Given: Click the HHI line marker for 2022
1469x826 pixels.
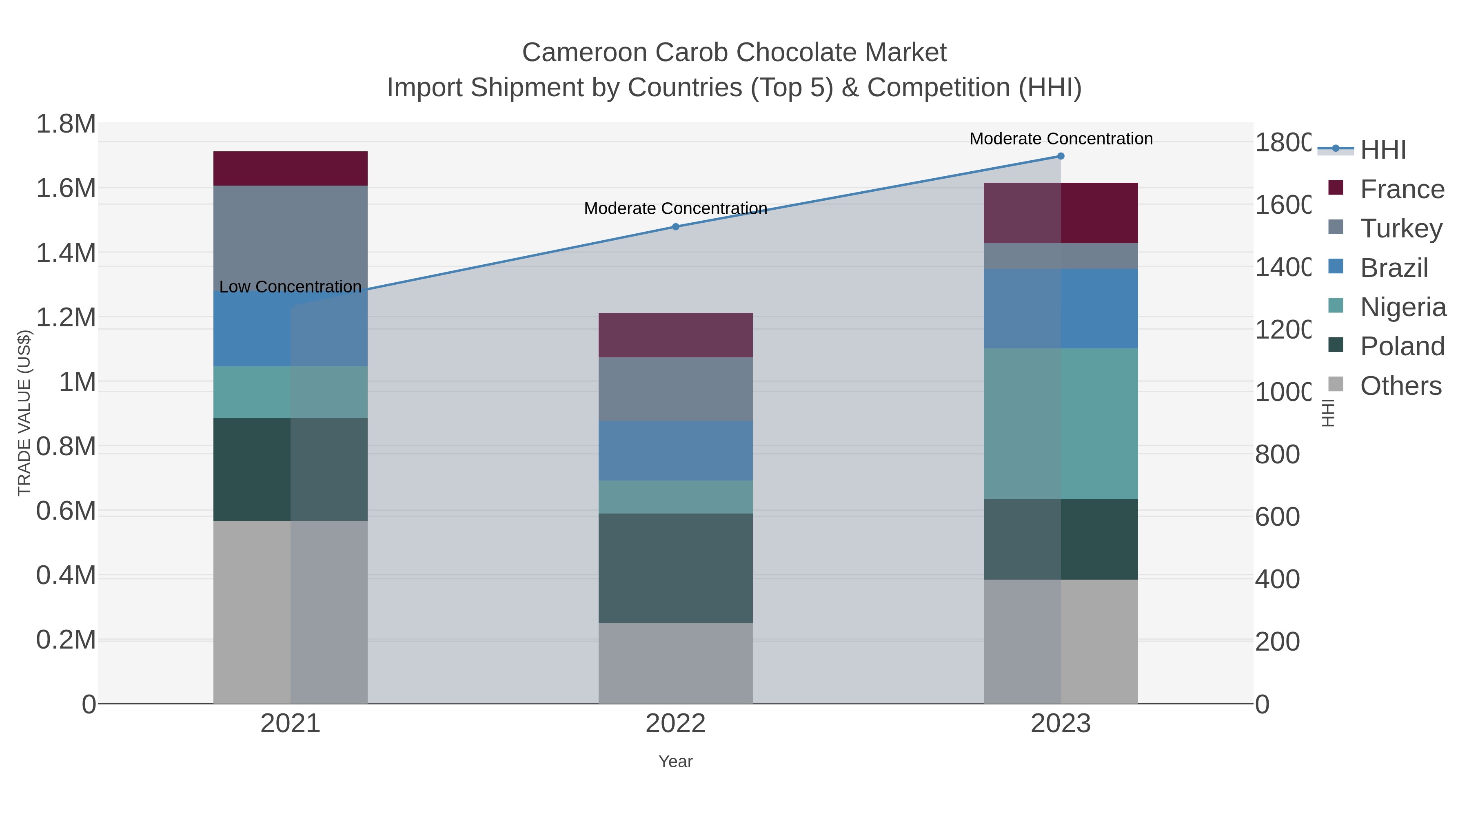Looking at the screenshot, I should point(675,227).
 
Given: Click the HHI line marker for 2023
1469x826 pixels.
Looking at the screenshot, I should point(1061,156).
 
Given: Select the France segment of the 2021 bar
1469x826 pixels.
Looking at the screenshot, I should point(290,169).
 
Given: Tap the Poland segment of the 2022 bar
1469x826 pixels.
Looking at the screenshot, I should point(675,568).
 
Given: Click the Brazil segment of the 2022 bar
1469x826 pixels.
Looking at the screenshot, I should point(675,451).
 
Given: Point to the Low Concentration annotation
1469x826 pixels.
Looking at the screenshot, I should point(290,287).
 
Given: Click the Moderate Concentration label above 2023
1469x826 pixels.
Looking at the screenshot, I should point(1061,139).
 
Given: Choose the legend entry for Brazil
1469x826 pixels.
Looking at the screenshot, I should point(1394,268).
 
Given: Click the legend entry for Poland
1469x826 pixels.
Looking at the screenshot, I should point(1402,347).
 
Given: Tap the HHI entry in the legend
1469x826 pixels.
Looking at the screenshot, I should point(1383,150).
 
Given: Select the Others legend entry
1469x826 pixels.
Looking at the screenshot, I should point(1400,386).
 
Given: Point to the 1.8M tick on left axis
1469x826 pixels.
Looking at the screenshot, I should point(66,124).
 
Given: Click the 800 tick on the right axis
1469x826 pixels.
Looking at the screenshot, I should point(1277,454).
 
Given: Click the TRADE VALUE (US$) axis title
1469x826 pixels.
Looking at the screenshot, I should point(24,413).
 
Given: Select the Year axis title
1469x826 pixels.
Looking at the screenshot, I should point(675,762).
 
